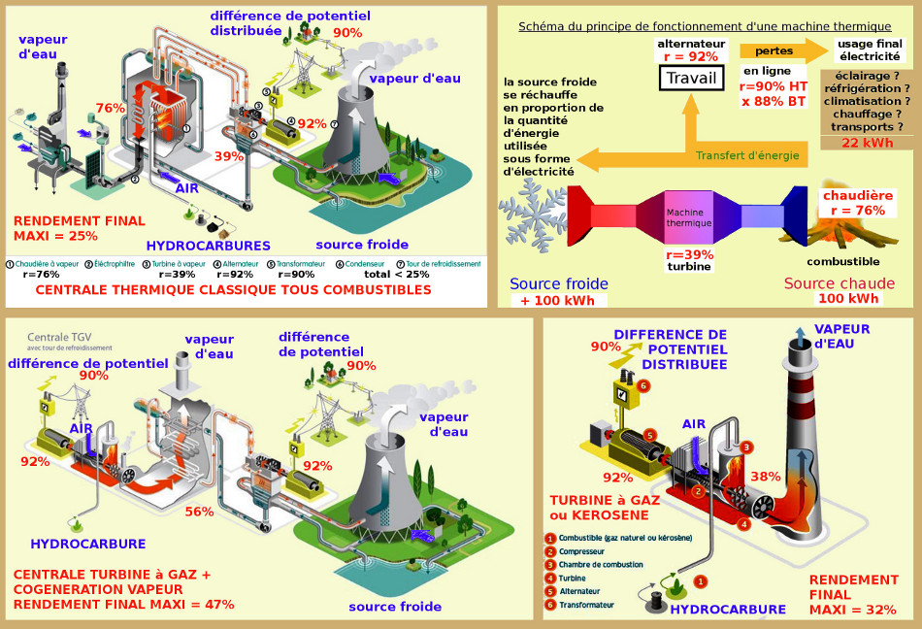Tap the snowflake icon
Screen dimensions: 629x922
click(533, 212)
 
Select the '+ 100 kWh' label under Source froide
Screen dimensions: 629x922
click(559, 299)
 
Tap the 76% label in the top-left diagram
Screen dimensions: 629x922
click(111, 108)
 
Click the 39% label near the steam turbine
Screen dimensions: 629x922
click(229, 156)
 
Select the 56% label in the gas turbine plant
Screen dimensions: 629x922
click(199, 512)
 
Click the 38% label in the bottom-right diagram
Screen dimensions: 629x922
click(766, 476)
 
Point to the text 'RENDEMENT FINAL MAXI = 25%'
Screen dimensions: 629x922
click(80, 228)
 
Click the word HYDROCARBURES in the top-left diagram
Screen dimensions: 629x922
click(208, 246)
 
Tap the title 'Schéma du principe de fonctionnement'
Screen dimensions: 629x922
click(705, 26)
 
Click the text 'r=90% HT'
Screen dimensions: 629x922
click(774, 86)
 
